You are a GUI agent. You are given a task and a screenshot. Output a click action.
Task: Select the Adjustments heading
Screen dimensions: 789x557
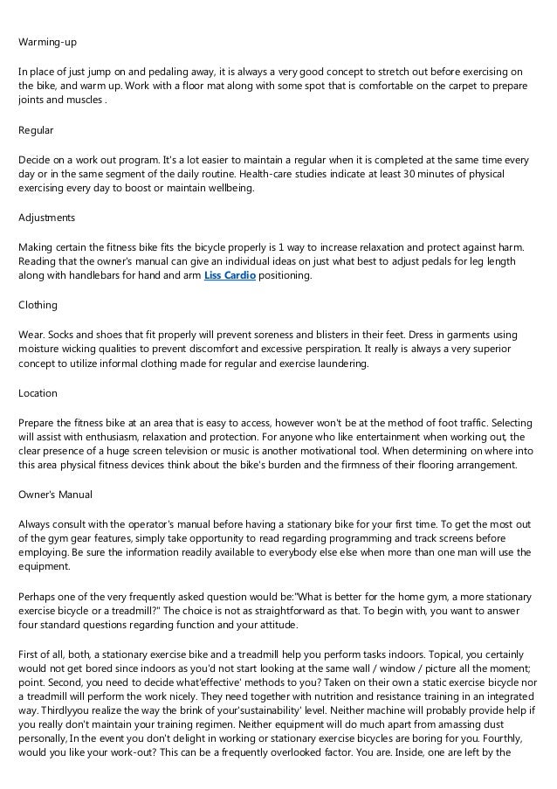pos(47,217)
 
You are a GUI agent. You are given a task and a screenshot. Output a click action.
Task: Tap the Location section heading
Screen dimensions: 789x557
pos(38,393)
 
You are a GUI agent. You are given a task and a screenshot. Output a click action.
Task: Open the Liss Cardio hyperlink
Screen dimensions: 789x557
pos(223,275)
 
